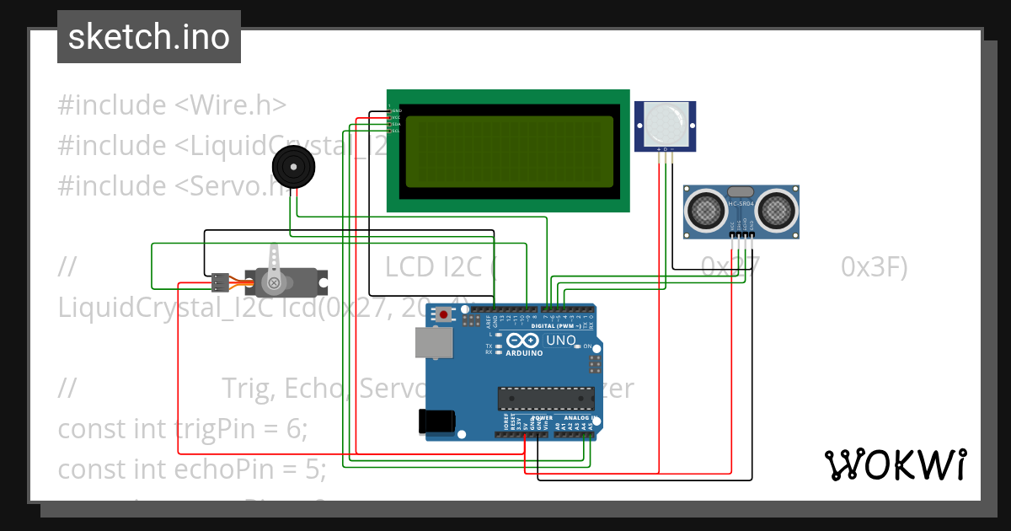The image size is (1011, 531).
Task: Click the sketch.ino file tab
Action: pyautogui.click(x=148, y=37)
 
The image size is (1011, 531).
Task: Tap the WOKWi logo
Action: pyautogui.click(x=895, y=464)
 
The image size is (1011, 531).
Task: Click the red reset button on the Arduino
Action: pyautogui.click(x=444, y=315)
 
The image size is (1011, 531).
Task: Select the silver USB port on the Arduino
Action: pyautogui.click(x=434, y=342)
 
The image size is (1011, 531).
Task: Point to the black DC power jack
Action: pyautogui.click(x=437, y=421)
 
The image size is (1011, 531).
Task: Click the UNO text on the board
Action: pyautogui.click(x=561, y=341)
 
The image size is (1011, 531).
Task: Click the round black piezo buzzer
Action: pyautogui.click(x=294, y=167)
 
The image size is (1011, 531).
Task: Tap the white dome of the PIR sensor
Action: pyautogui.click(x=665, y=123)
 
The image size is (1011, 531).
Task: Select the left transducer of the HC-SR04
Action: pyautogui.click(x=704, y=208)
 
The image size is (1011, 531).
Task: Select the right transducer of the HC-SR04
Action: pyautogui.click(x=777, y=208)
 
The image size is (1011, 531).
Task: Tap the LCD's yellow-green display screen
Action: pyautogui.click(x=509, y=152)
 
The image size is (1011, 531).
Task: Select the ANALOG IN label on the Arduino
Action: pyautogui.click(x=581, y=418)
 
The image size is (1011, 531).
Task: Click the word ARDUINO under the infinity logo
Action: pyautogui.click(x=524, y=353)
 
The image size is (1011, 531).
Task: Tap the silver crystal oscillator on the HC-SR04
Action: pyautogui.click(x=740, y=193)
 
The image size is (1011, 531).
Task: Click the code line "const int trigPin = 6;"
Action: pyautogui.click(x=183, y=428)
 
